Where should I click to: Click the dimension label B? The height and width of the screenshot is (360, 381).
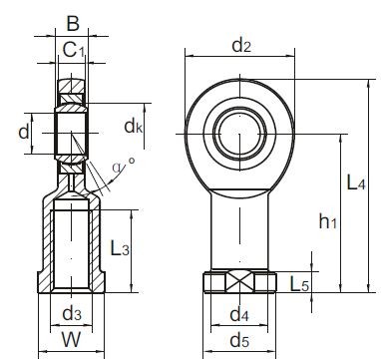tap(73, 24)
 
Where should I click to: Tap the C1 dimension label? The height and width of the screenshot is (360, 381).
tap(74, 51)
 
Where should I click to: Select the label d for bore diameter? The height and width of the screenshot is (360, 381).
tap(24, 133)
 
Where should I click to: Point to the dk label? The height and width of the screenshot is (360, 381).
tap(133, 126)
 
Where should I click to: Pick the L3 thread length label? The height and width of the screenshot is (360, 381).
tap(120, 248)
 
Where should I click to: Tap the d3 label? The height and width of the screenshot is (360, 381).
tap(72, 313)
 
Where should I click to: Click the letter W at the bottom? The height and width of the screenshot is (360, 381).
tap(71, 340)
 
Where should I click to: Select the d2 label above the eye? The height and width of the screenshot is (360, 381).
tap(241, 45)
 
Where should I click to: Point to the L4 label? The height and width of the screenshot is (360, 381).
tap(356, 182)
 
